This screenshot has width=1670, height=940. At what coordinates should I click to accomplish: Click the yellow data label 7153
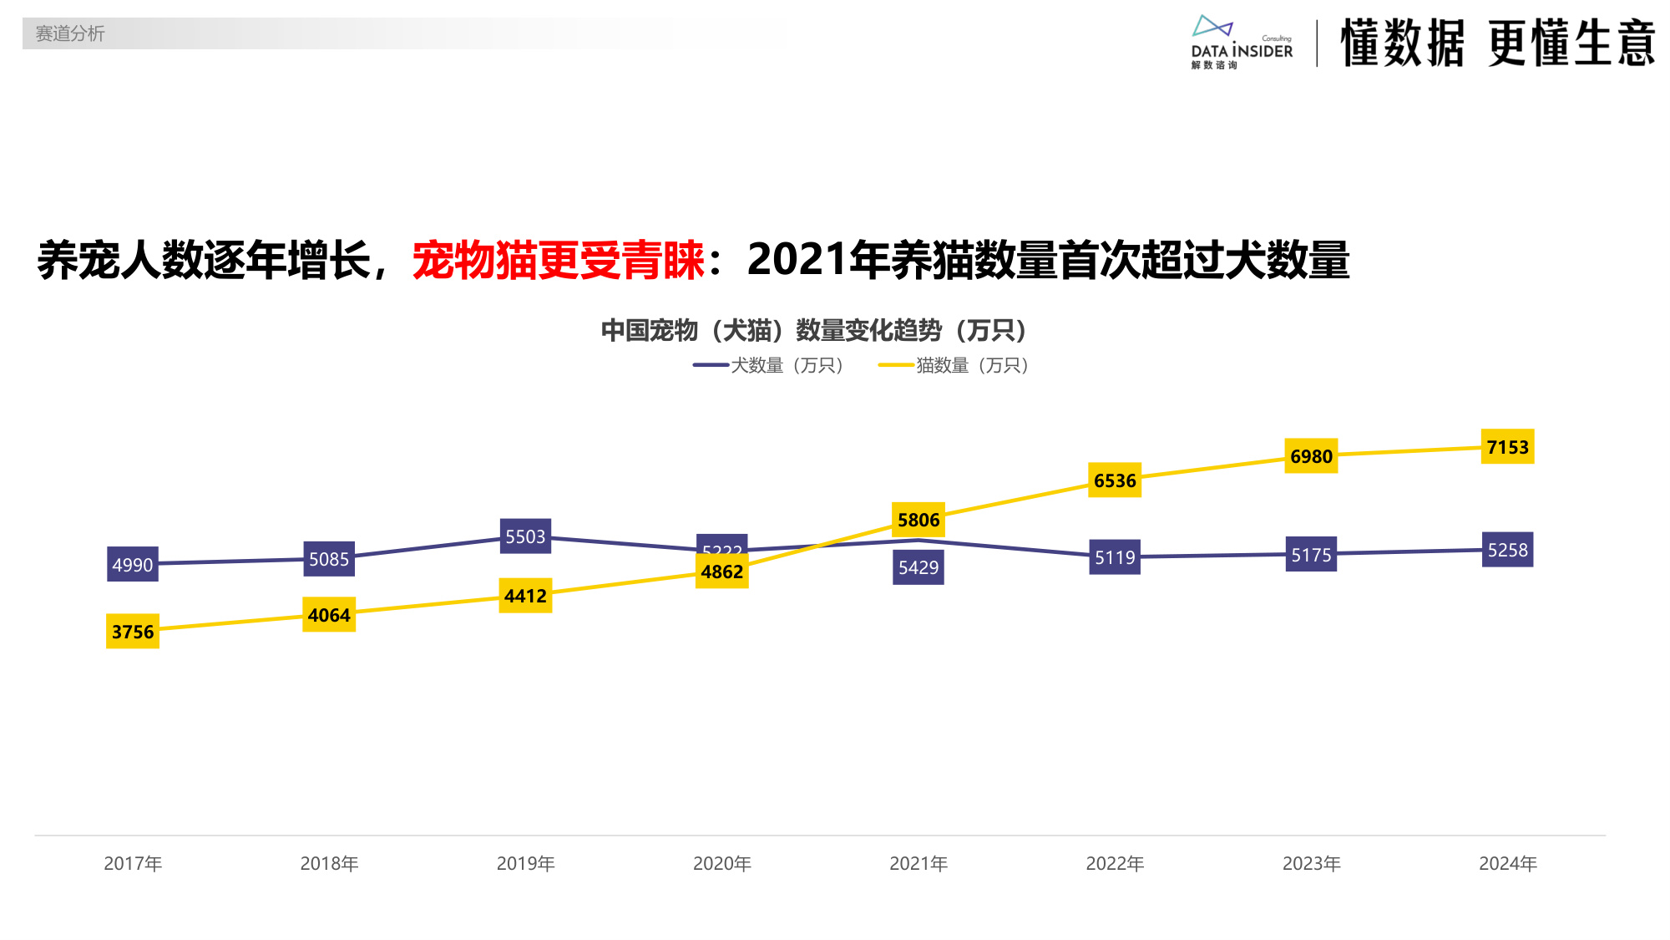(x=1507, y=447)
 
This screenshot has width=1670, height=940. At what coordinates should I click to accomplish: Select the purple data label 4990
(x=133, y=565)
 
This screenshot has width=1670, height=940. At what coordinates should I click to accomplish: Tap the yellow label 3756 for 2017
(x=133, y=632)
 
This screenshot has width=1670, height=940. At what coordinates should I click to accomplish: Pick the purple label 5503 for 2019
(x=525, y=536)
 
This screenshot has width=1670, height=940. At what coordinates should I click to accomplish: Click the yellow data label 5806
(x=918, y=520)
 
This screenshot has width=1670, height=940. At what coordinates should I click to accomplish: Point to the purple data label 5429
(x=918, y=567)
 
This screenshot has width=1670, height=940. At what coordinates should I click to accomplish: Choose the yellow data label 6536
(x=1115, y=480)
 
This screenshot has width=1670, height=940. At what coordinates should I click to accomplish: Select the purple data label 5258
(x=1507, y=550)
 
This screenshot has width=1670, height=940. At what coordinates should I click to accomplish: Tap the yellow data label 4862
(x=721, y=572)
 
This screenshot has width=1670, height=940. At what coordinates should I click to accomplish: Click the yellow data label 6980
(x=1311, y=456)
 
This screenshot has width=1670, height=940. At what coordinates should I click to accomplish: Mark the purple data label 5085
(x=329, y=559)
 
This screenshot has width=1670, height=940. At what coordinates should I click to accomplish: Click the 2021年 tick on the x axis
(x=918, y=863)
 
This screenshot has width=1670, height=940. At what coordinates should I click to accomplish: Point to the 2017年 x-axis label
(x=133, y=863)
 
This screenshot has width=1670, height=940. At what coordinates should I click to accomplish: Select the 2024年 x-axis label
(x=1507, y=863)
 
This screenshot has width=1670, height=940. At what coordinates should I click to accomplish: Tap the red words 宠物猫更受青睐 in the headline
(x=558, y=260)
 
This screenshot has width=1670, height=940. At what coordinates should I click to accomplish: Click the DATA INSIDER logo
(x=1241, y=42)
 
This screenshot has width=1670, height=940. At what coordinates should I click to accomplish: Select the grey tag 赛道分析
(x=70, y=33)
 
